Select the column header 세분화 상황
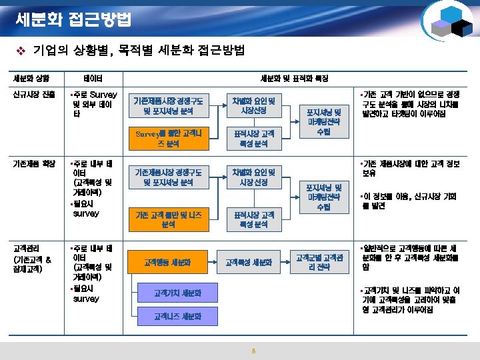(x=27, y=79)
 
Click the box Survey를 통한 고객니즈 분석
(x=168, y=138)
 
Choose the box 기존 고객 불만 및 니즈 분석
(x=168, y=219)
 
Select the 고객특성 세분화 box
(x=249, y=263)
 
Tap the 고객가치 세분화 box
(x=177, y=293)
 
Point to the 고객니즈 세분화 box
(x=177, y=315)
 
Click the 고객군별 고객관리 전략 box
(x=320, y=263)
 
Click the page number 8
(x=253, y=351)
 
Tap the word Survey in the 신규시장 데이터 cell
(x=103, y=95)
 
